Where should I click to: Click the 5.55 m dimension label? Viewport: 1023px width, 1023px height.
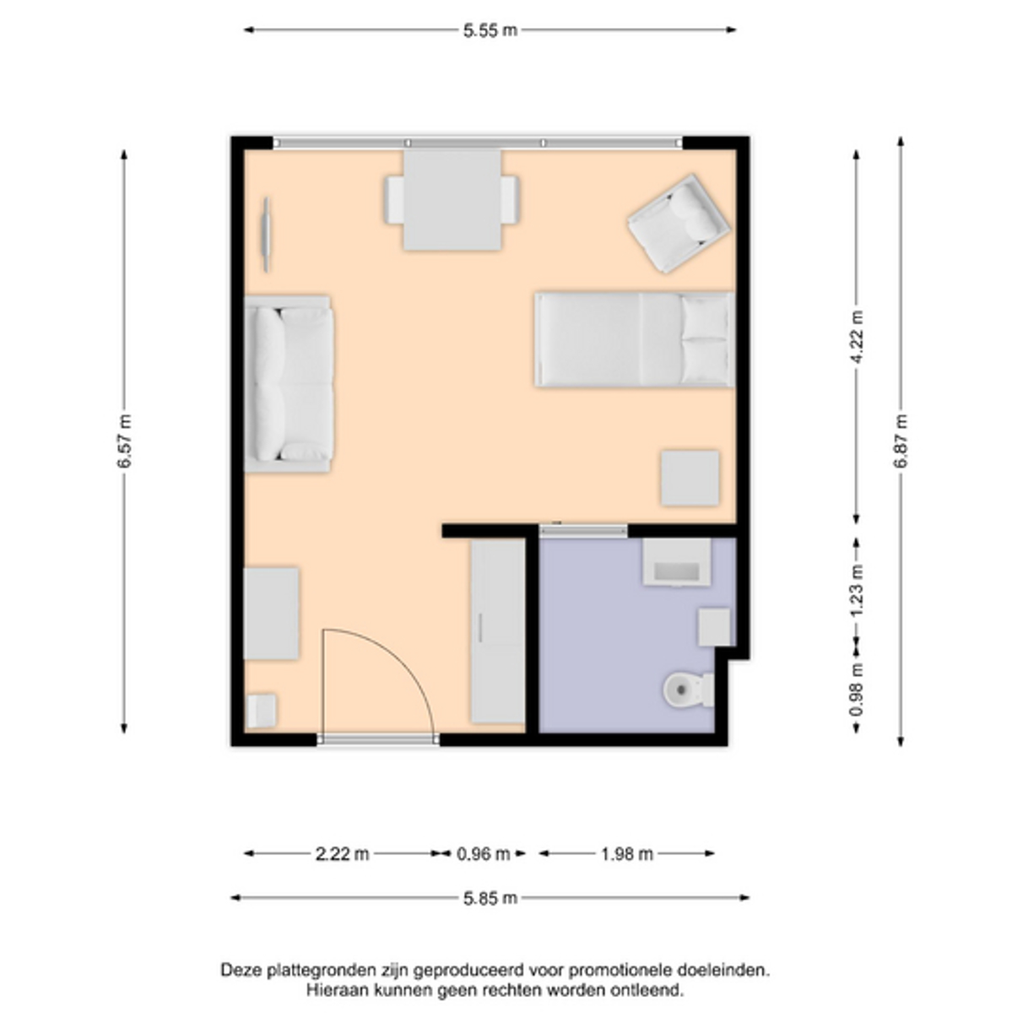pos(490,30)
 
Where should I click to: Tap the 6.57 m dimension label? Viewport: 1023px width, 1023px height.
pos(124,441)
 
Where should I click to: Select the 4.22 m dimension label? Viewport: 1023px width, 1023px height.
pos(857,337)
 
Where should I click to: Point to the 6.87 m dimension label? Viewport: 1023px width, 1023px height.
pos(901,441)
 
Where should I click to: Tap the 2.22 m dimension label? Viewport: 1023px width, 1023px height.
pos(342,854)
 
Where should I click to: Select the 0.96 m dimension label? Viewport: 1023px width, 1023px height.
pos(483,854)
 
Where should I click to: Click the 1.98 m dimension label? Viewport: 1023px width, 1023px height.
pos(626,854)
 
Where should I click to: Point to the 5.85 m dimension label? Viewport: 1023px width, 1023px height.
pos(490,898)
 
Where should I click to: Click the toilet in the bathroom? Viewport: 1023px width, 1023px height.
pos(689,690)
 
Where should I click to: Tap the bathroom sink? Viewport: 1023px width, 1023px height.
pos(677,562)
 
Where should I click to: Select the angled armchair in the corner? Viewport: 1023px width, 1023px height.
pos(679,223)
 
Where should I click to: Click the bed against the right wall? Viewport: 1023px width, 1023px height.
pos(635,339)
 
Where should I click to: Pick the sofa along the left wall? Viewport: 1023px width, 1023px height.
pos(289,384)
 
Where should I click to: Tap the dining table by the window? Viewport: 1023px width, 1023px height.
pos(452,199)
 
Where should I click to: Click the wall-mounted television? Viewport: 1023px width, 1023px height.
pos(267,234)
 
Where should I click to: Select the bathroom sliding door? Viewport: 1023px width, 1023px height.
pos(583,530)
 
